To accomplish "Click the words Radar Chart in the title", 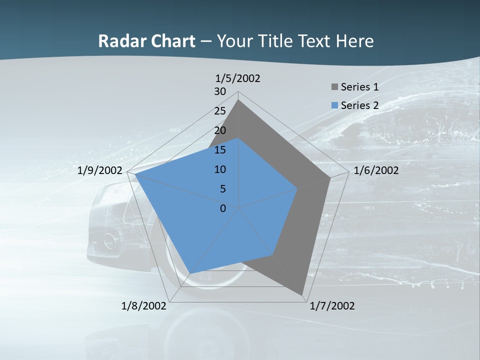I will (x=146, y=41).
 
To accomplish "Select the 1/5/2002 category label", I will (x=238, y=78).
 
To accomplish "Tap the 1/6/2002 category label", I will (x=376, y=170).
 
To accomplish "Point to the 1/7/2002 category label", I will (x=332, y=306).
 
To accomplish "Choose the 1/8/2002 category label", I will (x=144, y=306).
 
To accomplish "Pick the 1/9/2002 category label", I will (x=100, y=170).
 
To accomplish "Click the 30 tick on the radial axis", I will (x=220, y=91).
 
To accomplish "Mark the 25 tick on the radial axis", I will (x=220, y=111).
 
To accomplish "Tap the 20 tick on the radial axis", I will (x=220, y=130).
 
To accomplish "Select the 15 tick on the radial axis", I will (x=220, y=150).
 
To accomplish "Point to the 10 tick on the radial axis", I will (x=220, y=169).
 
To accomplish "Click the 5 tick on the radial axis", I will (x=223, y=189).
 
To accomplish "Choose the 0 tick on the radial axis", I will (x=223, y=208).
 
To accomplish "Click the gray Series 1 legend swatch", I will (x=334, y=87).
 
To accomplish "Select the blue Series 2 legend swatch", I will (x=334, y=105).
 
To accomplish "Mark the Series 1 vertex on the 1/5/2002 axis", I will (x=238, y=100).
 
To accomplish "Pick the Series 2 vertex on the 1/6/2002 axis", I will (x=297, y=188).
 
